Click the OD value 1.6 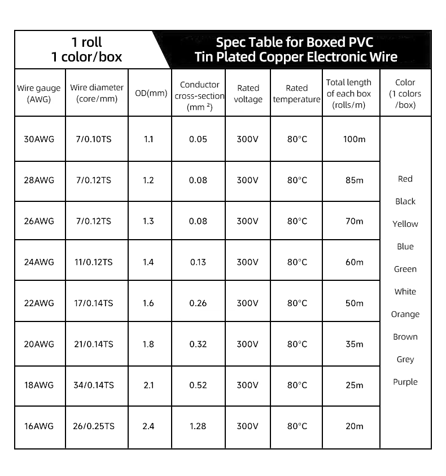point(148,303)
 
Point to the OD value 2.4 point(148,426)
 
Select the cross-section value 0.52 point(198,385)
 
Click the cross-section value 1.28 point(198,426)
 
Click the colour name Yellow point(405,224)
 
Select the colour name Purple point(405,382)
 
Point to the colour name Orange point(405,314)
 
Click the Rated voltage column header point(248,94)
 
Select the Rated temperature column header point(297,94)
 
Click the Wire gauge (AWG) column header point(39,94)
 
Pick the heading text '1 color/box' point(86,57)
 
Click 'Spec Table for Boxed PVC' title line point(295,42)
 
